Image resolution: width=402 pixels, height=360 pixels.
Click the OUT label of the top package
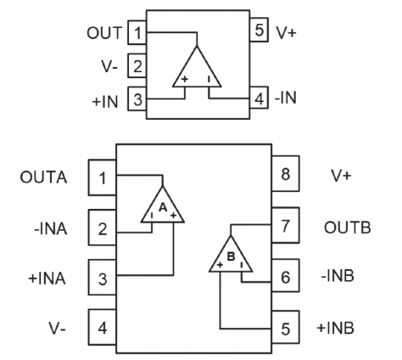104,33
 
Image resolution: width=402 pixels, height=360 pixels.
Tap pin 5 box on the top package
259,30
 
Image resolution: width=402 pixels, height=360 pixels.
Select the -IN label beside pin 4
286,98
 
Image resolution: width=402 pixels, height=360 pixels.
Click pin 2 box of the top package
137,65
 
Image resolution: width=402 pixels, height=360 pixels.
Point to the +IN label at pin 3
105,102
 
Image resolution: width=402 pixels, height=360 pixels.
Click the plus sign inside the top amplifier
185,79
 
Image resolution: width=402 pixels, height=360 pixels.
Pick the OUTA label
43,177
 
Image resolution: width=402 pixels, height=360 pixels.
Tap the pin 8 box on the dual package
286,173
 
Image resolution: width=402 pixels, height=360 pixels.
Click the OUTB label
347,228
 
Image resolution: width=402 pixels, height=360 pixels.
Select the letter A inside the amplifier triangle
163,207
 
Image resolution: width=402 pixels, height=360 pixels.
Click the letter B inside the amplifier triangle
231,256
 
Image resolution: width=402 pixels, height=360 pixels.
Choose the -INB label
338,276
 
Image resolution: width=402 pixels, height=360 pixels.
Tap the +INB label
335,328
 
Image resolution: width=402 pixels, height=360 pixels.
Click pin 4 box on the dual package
102,327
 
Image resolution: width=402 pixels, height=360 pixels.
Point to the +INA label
47,278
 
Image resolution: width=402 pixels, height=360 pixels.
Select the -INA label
51,228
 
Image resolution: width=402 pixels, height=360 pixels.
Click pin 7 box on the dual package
286,225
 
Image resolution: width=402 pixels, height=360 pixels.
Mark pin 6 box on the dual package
286,275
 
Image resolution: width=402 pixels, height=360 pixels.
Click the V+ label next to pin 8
341,176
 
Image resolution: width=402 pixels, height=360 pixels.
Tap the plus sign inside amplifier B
220,265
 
